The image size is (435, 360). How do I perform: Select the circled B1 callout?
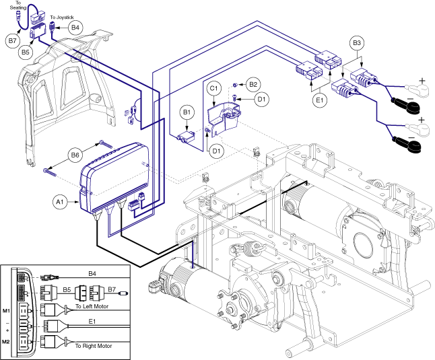[x=187, y=112]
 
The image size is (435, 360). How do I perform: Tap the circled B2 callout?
[x=253, y=84]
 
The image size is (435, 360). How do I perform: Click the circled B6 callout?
[x=77, y=155]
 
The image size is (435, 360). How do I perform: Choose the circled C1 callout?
[x=214, y=88]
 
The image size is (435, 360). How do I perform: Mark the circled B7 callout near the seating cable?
[x=12, y=41]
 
